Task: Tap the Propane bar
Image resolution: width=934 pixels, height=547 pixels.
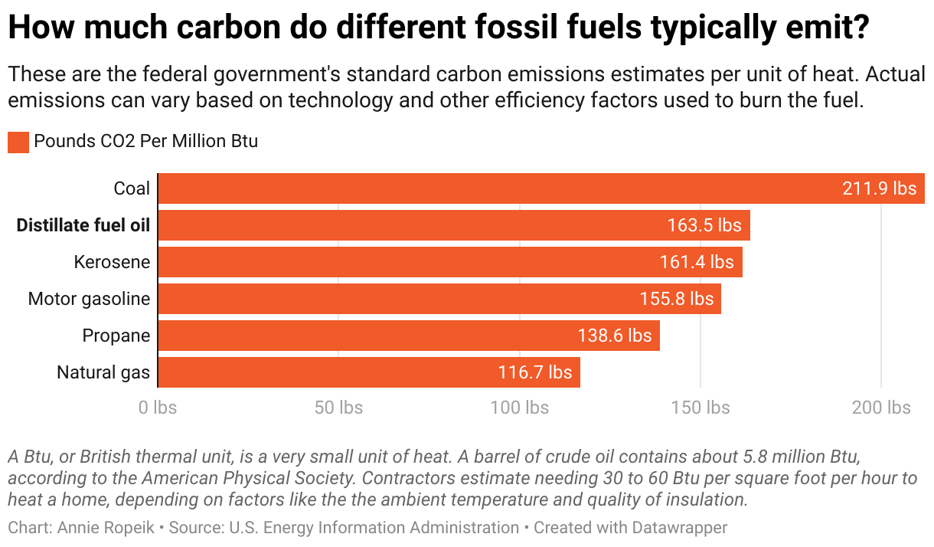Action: tap(367, 336)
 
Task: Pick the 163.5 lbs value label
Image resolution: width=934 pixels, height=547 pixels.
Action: tap(704, 225)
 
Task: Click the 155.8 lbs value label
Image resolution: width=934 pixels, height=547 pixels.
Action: tap(676, 299)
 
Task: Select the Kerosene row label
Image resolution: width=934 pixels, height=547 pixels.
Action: tap(112, 262)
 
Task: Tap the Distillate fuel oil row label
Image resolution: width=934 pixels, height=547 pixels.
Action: tap(83, 225)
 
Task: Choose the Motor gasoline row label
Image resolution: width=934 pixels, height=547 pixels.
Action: tap(89, 299)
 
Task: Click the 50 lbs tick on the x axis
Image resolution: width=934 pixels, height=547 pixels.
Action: tap(338, 408)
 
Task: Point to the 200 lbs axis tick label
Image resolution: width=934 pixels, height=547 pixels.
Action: tap(881, 408)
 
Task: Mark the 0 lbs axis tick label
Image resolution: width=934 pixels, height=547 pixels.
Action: tap(158, 408)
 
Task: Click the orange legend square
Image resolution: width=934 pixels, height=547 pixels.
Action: tap(18, 142)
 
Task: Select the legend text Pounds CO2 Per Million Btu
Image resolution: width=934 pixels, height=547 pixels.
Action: tap(146, 142)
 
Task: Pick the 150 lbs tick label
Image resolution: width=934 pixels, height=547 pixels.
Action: tap(700, 408)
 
